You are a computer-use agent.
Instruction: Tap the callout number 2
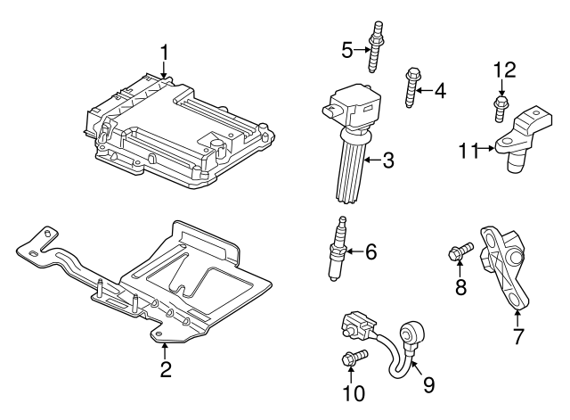[165, 369]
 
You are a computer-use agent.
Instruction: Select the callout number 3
[388, 161]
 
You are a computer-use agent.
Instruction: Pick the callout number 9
[428, 384]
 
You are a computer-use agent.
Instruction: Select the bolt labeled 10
[352, 358]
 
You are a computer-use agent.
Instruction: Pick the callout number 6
[370, 253]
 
